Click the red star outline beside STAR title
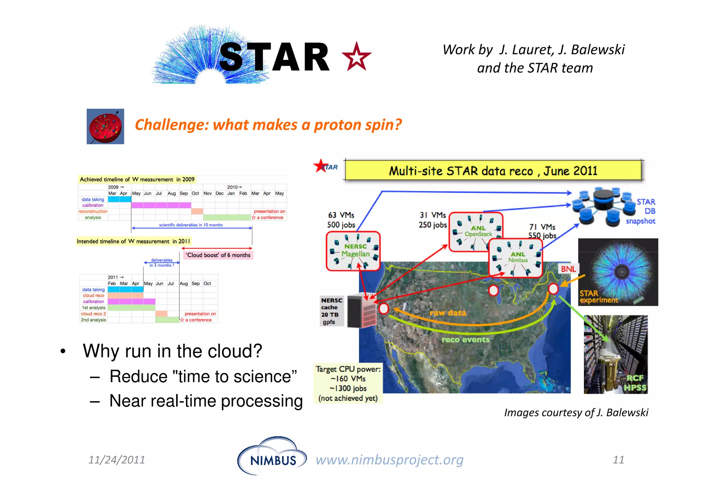click(x=356, y=57)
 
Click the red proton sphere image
click(x=105, y=126)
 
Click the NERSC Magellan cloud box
click(x=353, y=251)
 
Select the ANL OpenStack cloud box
click(x=475, y=231)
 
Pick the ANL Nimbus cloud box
click(x=516, y=258)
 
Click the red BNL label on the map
click(x=568, y=269)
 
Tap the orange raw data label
click(x=448, y=313)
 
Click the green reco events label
click(x=465, y=340)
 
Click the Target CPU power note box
click(x=348, y=383)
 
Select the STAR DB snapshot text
click(x=643, y=211)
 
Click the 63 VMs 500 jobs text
click(x=341, y=220)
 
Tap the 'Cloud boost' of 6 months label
click(x=218, y=255)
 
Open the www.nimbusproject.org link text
click(x=389, y=460)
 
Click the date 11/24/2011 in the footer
click(x=117, y=460)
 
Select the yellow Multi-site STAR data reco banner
click(x=493, y=171)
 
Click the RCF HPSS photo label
click(x=635, y=383)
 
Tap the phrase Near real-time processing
click(x=206, y=401)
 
